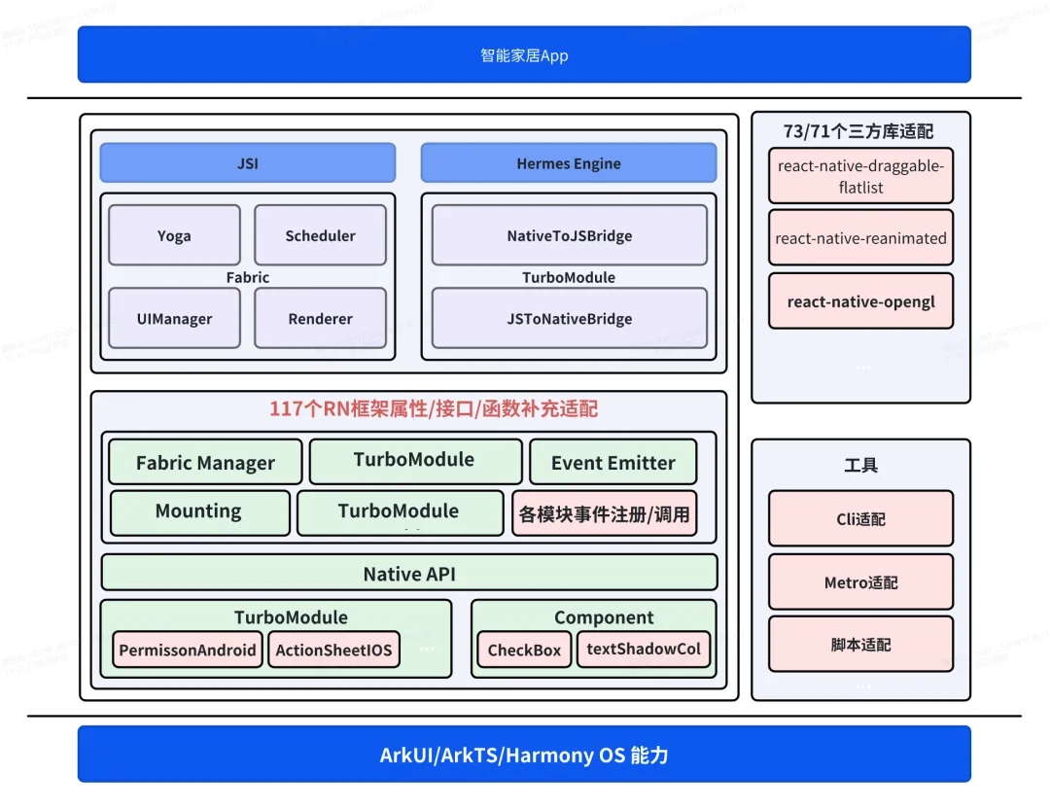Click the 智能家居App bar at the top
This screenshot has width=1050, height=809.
(x=524, y=54)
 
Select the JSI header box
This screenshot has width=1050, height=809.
(x=247, y=163)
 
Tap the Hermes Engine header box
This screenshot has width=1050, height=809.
(x=568, y=163)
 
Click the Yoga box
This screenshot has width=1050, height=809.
(x=174, y=235)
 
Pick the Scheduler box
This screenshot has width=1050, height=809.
(x=320, y=235)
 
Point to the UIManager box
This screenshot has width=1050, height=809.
(x=174, y=318)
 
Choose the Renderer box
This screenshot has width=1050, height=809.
(x=320, y=318)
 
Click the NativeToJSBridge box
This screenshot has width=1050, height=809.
(x=569, y=235)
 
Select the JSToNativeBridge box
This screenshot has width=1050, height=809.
(x=569, y=318)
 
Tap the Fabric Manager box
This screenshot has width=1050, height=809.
(x=205, y=463)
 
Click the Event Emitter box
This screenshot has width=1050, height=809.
(x=612, y=463)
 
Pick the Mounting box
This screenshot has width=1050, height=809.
(x=199, y=511)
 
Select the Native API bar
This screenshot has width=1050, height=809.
(x=409, y=573)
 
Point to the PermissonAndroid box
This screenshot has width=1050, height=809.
(x=188, y=650)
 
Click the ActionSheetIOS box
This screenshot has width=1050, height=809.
(x=333, y=650)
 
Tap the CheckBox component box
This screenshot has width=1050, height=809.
(x=524, y=650)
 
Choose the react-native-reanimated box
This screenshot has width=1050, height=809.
(x=860, y=238)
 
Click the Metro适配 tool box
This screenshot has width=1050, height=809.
(x=860, y=582)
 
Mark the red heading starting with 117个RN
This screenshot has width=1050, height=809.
(x=434, y=409)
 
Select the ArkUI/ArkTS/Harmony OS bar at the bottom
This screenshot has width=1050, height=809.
(x=524, y=755)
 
